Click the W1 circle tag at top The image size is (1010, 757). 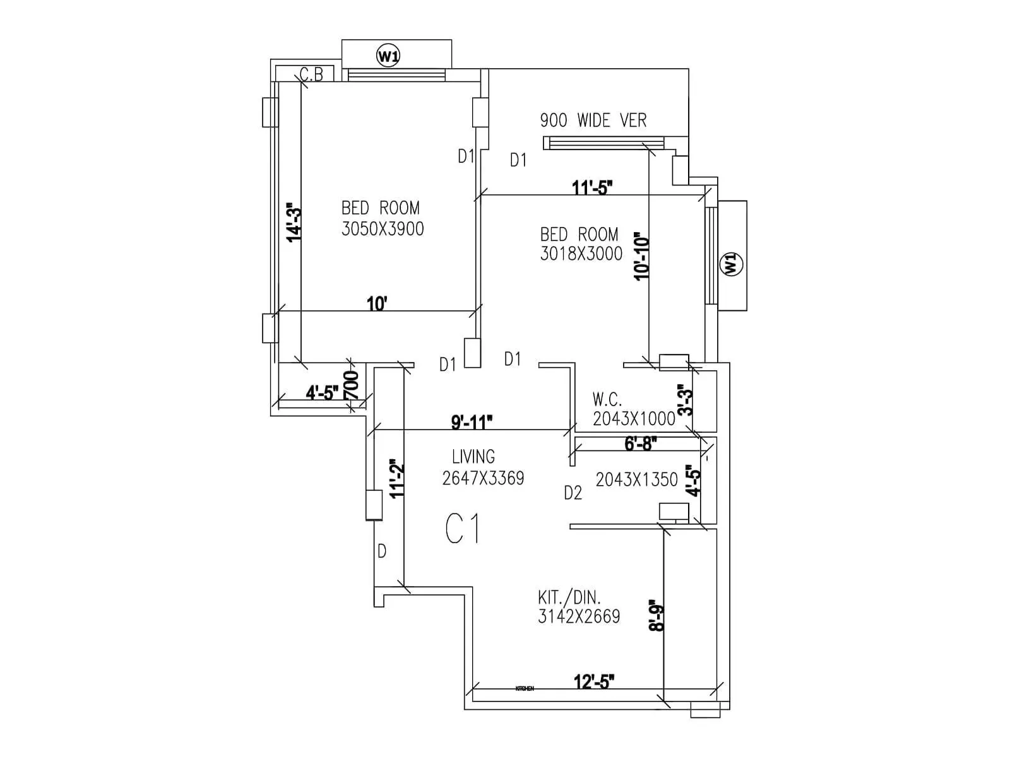tap(388, 56)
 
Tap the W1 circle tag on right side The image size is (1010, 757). tap(731, 263)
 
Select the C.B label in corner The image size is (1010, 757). tap(311, 75)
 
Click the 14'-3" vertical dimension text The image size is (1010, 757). tap(294, 222)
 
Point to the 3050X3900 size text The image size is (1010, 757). tap(383, 229)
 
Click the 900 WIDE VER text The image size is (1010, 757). tap(593, 120)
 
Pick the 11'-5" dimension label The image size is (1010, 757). tap(592, 187)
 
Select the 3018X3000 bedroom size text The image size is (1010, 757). tap(581, 254)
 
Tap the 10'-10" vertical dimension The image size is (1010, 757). tap(642, 257)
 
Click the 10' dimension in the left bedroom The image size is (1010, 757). tap(377, 304)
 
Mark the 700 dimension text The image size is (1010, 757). tap(351, 385)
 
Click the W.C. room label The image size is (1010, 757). tap(607, 399)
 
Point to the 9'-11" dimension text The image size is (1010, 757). tap(472, 422)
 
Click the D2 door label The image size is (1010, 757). tap(573, 493)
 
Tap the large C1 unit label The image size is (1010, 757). tap(463, 529)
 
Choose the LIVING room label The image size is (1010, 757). tap(473, 457)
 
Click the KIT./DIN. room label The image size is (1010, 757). tap(569, 597)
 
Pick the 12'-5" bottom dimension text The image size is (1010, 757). tap(594, 682)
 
